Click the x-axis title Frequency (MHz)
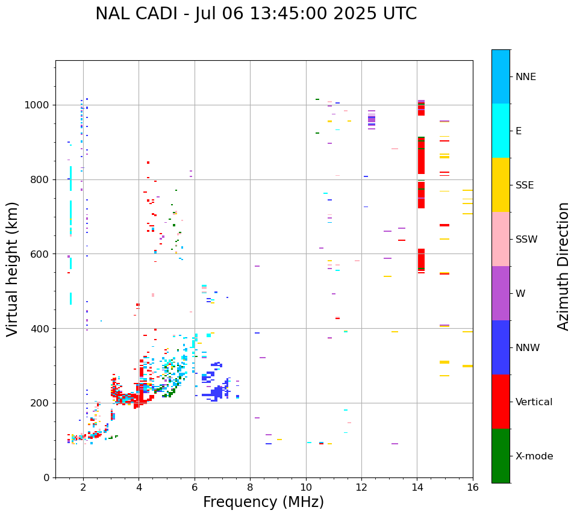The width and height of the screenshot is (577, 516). point(263,502)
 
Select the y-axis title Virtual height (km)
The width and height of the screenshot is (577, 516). point(12,269)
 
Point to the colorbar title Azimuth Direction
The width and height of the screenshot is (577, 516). point(563,267)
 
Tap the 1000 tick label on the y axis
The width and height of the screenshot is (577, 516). point(36,105)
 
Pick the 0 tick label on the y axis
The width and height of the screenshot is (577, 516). point(46,477)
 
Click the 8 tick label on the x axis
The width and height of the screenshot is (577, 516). point(250,488)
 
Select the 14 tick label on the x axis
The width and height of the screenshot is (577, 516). point(417,488)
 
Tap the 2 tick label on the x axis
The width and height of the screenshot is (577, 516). point(84,488)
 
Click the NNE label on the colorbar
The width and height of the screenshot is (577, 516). point(525,77)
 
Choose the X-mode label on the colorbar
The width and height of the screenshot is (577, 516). point(534,456)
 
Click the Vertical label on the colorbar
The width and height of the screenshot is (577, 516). point(534,402)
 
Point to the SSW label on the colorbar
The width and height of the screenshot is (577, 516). point(526,240)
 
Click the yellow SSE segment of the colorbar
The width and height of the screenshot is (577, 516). point(501,185)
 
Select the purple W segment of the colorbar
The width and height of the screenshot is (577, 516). point(501,293)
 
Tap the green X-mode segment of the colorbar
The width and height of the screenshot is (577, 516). point(501,456)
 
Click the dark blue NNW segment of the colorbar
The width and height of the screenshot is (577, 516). point(501,347)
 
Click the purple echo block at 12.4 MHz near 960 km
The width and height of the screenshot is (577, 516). point(372,119)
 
